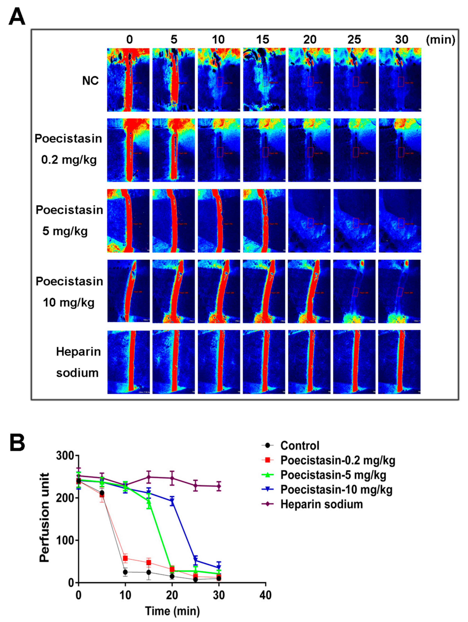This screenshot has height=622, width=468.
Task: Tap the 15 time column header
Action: pyautogui.click(x=262, y=40)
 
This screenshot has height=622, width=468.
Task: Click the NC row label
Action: pyautogui.click(x=90, y=81)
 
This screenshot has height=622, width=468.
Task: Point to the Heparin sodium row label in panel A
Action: pyautogui.click(x=78, y=362)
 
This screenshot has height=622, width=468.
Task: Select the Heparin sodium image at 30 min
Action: pyautogui.click(x=399, y=362)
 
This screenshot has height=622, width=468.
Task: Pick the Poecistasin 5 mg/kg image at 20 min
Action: pyautogui.click(x=309, y=221)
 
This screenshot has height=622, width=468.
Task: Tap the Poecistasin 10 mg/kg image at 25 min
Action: pyautogui.click(x=354, y=291)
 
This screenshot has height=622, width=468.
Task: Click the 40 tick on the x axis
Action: pyautogui.click(x=265, y=595)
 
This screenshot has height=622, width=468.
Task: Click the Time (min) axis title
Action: pyautogui.click(x=172, y=611)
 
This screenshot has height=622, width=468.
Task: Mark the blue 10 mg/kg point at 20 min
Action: pyautogui.click(x=172, y=501)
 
